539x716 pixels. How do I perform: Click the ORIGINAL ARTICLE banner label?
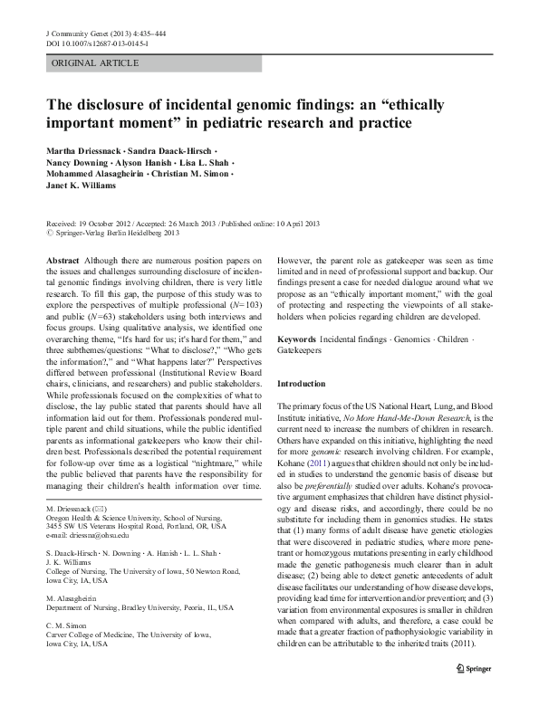[x=95, y=62]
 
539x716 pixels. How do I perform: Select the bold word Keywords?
[x=298, y=314]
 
